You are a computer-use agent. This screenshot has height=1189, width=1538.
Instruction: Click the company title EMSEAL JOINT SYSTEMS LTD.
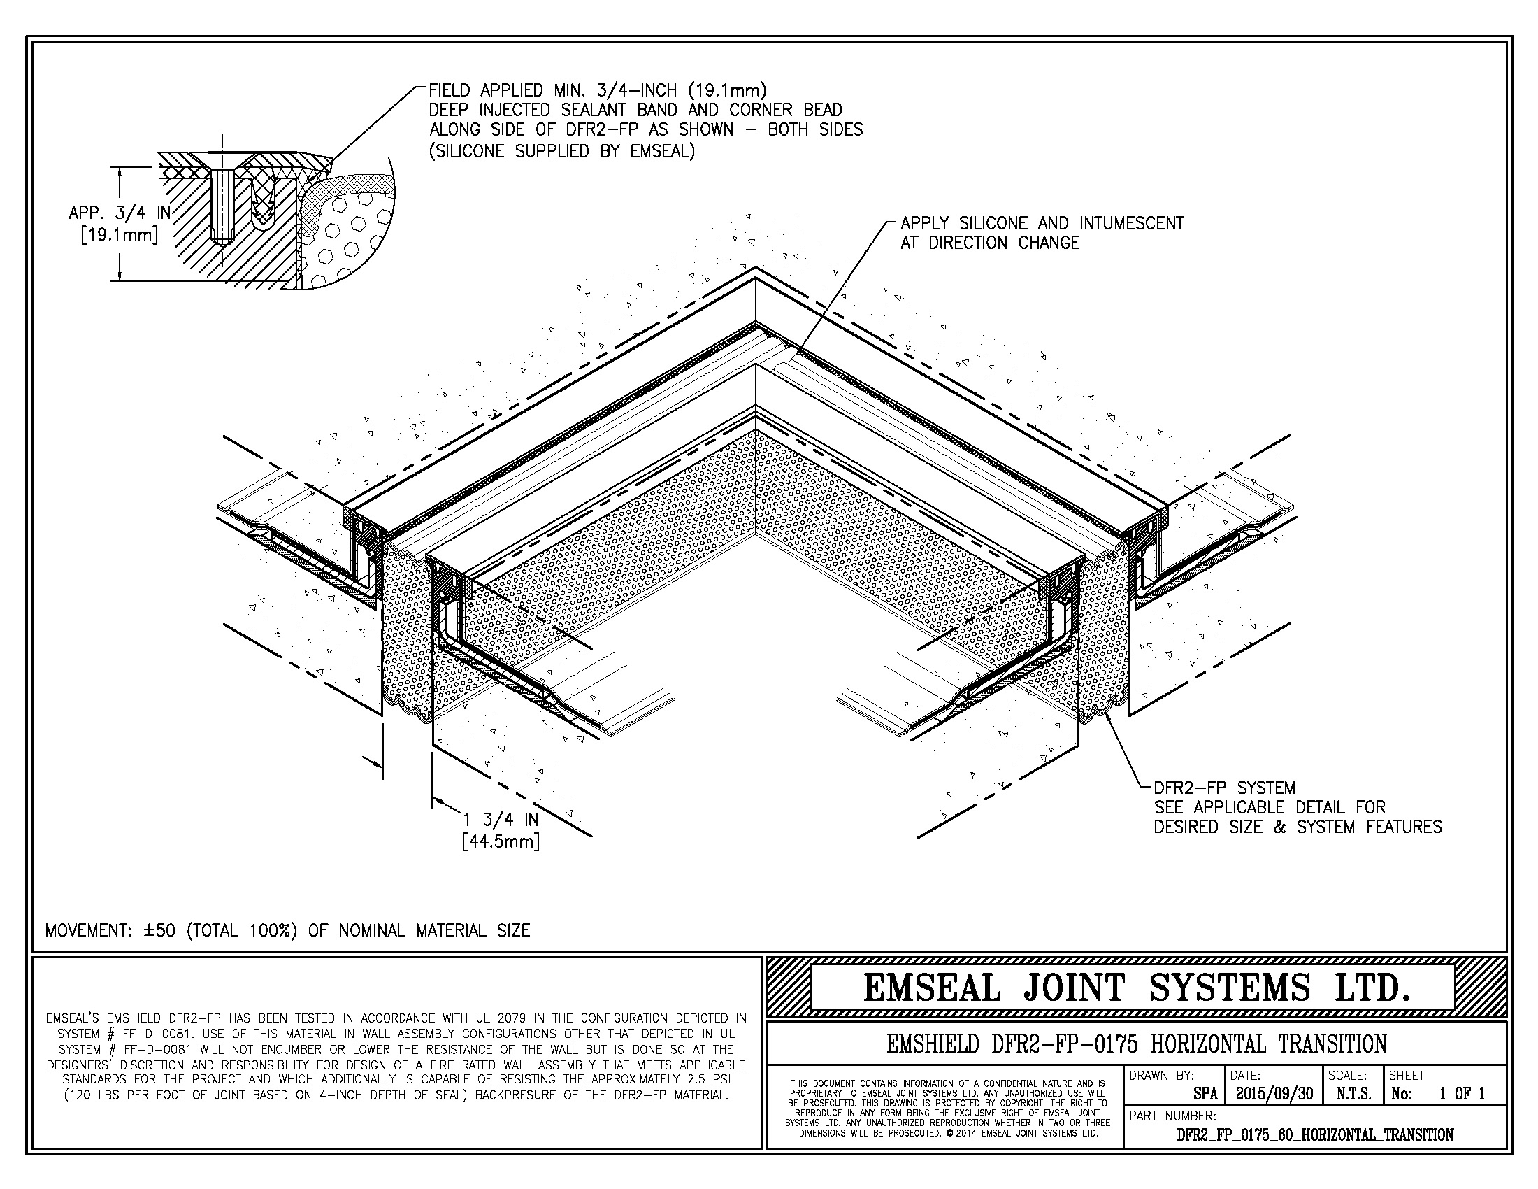[x=1137, y=988]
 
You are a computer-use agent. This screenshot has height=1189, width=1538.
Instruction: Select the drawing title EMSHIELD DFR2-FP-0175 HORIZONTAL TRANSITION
[x=1137, y=1044]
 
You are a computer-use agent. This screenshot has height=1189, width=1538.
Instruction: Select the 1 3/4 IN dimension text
[x=500, y=820]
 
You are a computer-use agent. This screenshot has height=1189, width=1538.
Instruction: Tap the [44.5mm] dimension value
[x=500, y=841]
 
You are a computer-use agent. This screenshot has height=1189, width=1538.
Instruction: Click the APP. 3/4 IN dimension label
[x=120, y=213]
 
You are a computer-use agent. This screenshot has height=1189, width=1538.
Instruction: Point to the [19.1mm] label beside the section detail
[x=119, y=234]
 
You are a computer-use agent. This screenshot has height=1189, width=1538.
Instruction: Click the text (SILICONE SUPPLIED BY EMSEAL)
[x=562, y=151]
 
